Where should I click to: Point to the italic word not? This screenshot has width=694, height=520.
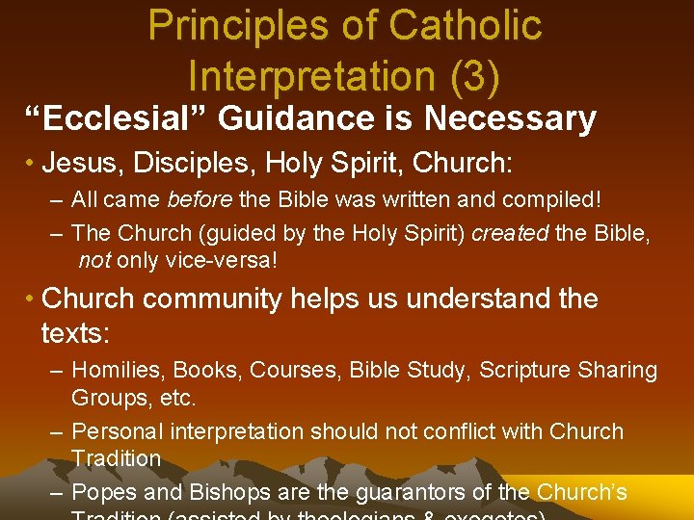tap(94, 262)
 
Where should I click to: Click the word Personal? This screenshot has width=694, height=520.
tap(116, 431)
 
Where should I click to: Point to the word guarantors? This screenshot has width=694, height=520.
tap(413, 493)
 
